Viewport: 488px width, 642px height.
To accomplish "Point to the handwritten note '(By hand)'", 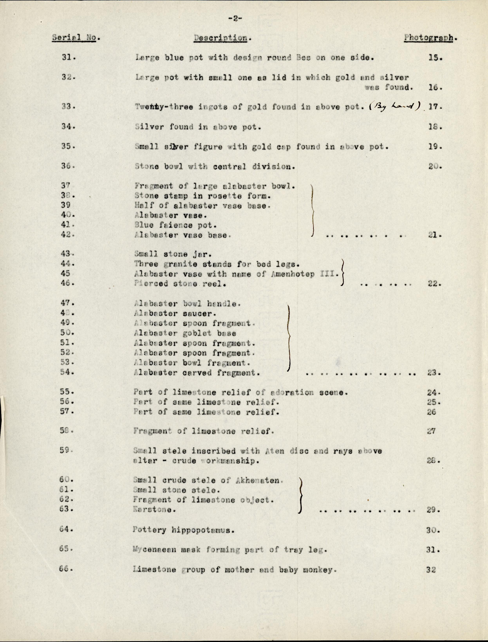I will (x=394, y=106).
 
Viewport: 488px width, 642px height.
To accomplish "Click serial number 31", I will (x=69, y=58).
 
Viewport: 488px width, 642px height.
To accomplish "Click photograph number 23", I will (x=434, y=373).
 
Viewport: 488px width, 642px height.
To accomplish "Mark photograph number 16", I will (x=435, y=87).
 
